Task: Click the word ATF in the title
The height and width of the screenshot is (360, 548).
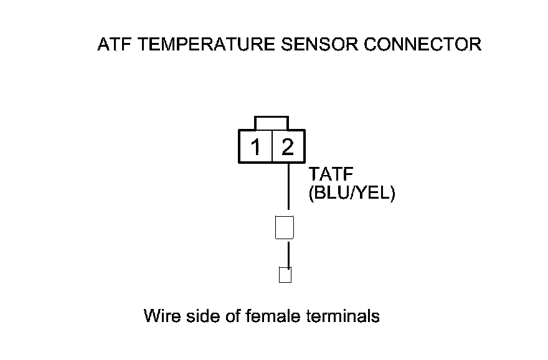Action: click(115, 45)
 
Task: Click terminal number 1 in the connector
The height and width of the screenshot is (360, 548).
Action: click(255, 148)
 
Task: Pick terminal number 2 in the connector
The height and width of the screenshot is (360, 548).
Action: click(288, 148)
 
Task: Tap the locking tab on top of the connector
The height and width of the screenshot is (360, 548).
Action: click(272, 123)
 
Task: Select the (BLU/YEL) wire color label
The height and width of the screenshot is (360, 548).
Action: click(352, 194)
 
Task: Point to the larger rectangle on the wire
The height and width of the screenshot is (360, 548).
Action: click(284, 227)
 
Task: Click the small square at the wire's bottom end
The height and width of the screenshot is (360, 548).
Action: click(285, 275)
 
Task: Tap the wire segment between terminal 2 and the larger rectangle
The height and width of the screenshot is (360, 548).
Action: click(288, 187)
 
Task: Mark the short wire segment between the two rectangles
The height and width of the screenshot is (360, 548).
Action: click(288, 253)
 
